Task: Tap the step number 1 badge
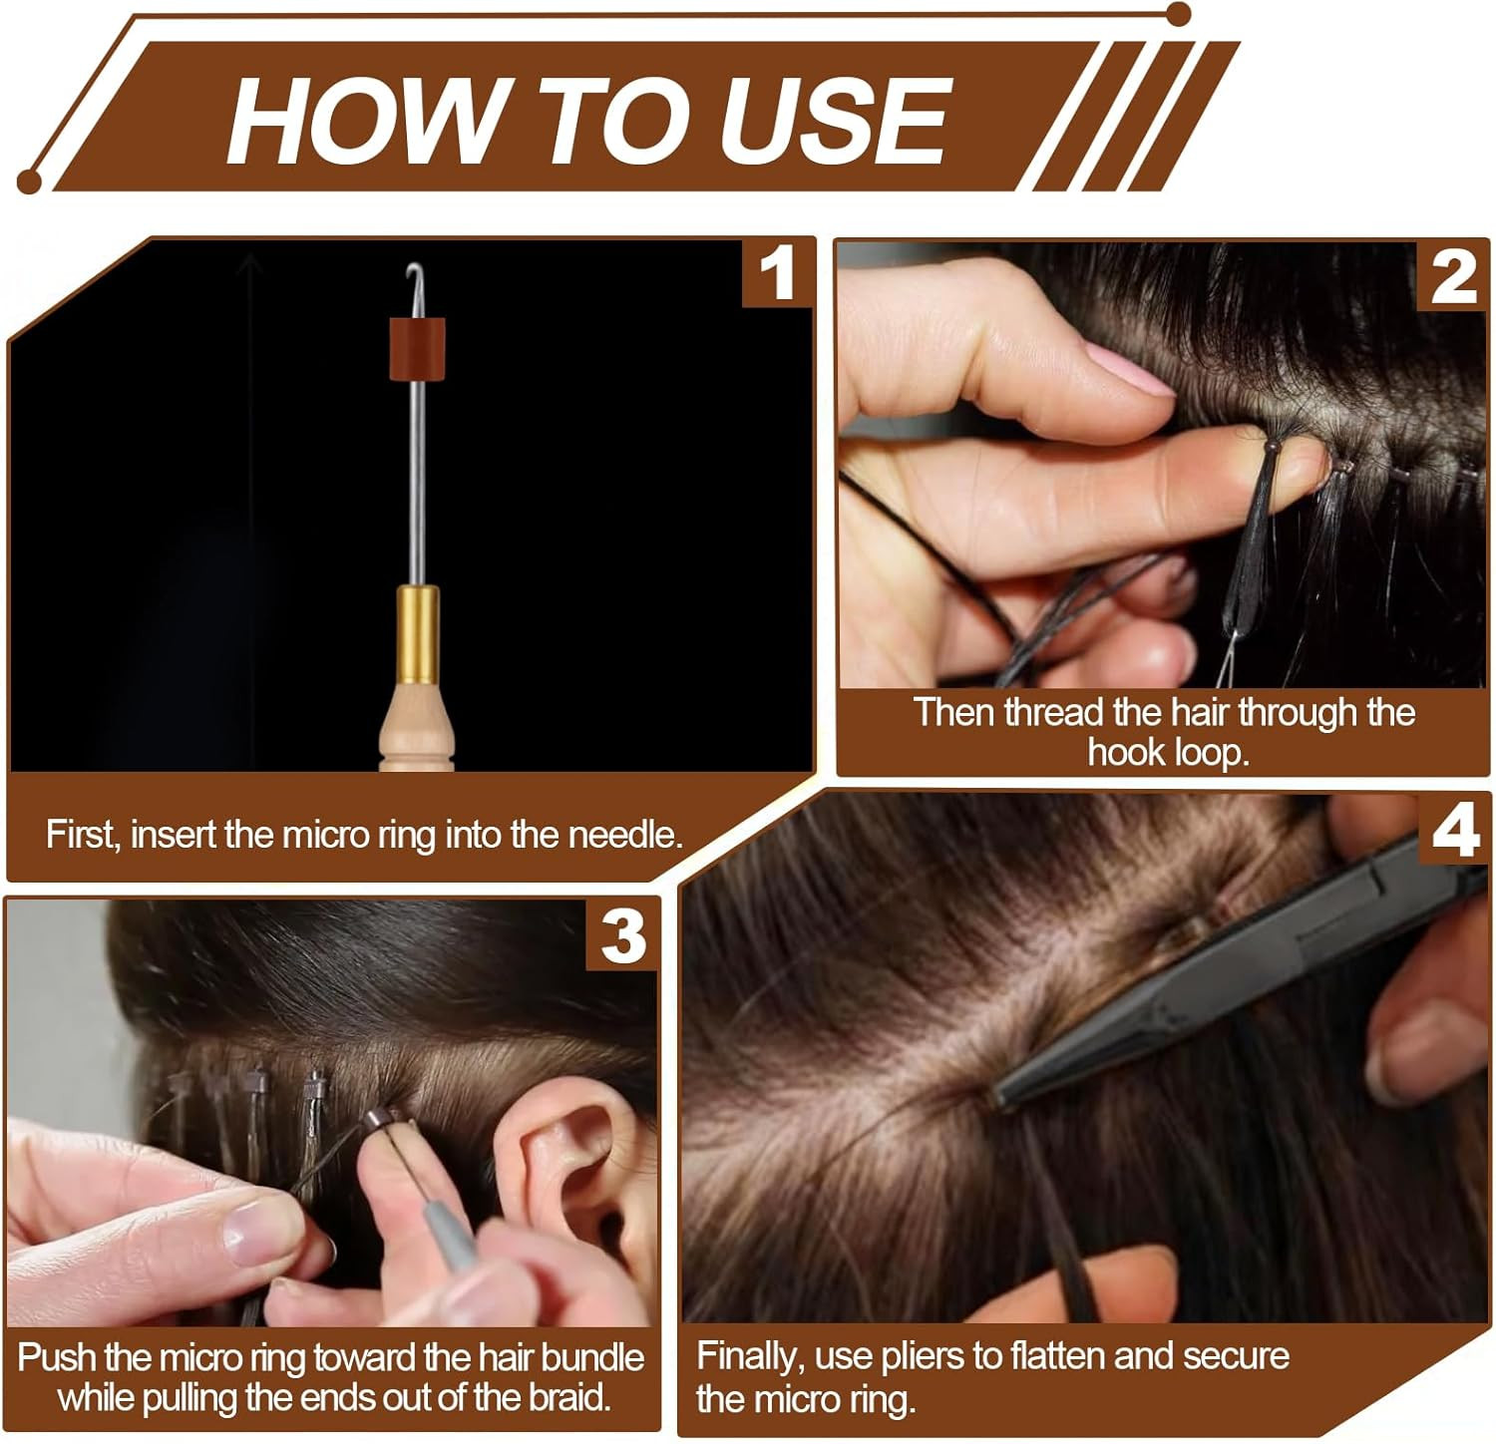(778, 273)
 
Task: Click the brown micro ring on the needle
(417, 348)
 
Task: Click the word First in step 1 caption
(84, 835)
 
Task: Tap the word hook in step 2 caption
(1123, 752)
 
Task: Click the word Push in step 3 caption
(57, 1358)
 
